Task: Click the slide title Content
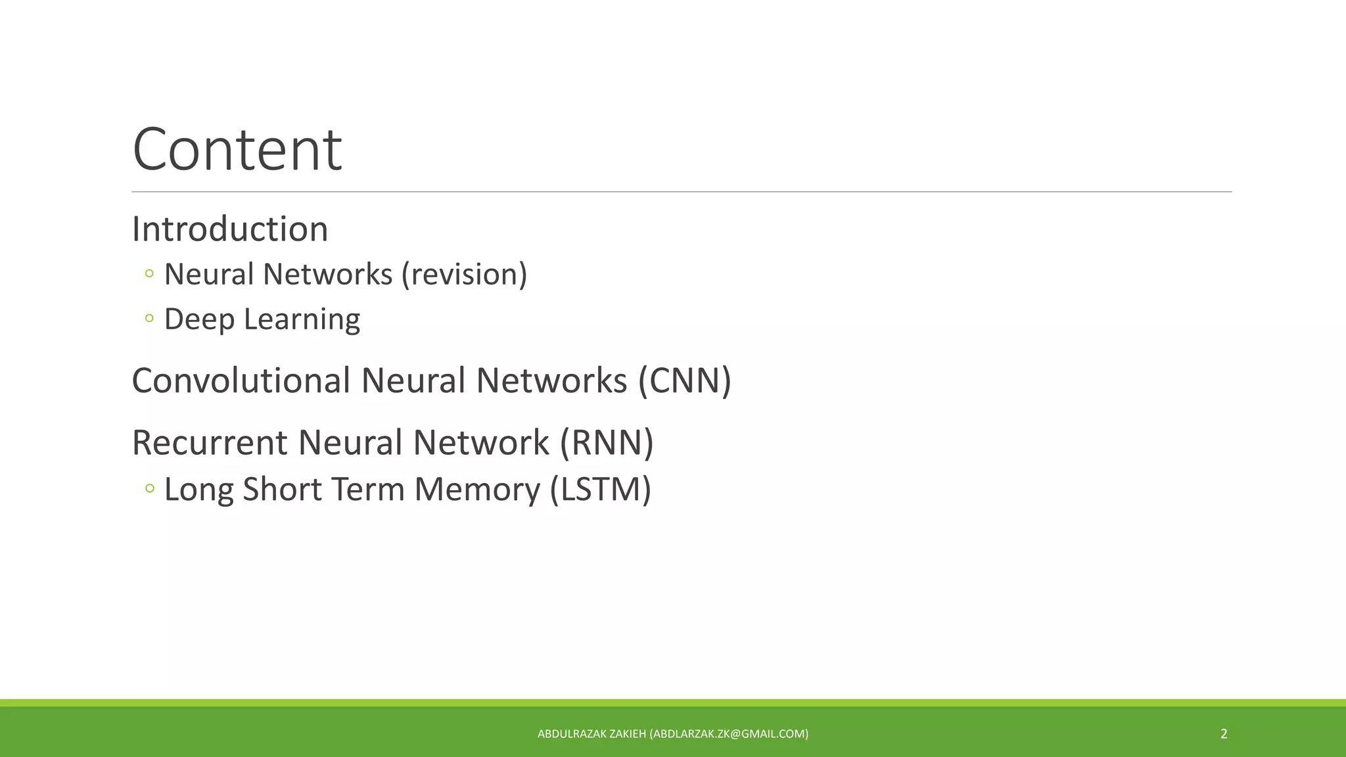[237, 150]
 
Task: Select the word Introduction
[230, 229]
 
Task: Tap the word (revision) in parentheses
[464, 275]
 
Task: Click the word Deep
[199, 319]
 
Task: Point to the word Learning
[302, 319]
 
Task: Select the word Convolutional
[241, 380]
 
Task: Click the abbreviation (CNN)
[684, 380]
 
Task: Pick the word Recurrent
[210, 442]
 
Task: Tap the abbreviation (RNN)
[606, 442]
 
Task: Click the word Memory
[476, 490]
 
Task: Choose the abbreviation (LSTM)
[600, 490]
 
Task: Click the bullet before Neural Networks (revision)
[149, 273]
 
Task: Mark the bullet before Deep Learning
[149, 319]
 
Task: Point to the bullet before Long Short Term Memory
[149, 488]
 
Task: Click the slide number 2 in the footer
[1224, 734]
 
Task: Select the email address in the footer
[729, 734]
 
